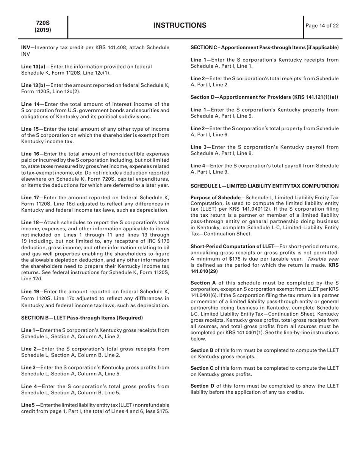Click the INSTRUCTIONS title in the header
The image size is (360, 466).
pos(180,26)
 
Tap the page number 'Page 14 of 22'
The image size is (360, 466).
pos(322,26)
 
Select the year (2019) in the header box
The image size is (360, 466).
pos(43,30)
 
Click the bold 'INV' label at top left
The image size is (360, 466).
pos(26,47)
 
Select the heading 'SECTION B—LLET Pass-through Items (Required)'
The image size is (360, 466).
pos(82,317)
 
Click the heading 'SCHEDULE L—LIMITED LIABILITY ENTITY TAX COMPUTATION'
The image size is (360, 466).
pos(264,186)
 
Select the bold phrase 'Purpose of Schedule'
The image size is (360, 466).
pos(215,198)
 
